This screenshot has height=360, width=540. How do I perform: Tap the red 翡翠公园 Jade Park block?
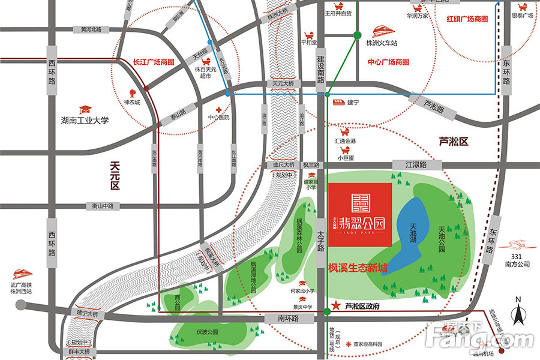pos(360,214)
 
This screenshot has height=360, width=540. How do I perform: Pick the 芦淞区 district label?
pos(454,142)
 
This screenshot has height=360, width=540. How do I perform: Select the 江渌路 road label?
pos(416,164)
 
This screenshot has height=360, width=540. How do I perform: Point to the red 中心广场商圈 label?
pos(389,62)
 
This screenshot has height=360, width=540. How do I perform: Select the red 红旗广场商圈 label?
pos(467,19)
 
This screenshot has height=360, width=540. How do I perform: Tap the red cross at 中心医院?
pos(219,110)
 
